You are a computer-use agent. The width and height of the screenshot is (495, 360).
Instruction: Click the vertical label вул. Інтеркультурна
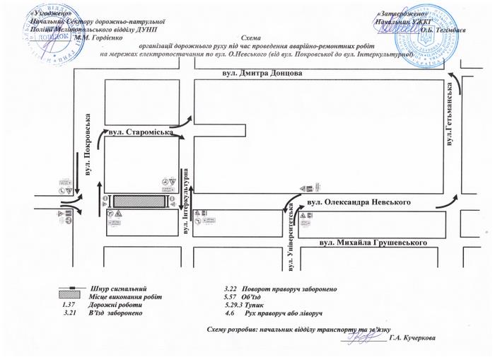point(185,202)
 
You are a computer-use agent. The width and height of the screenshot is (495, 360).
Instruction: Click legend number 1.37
point(70,305)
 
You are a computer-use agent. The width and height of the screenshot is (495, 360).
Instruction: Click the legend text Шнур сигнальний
point(120,289)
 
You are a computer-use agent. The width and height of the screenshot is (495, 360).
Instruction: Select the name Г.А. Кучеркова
point(412,337)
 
